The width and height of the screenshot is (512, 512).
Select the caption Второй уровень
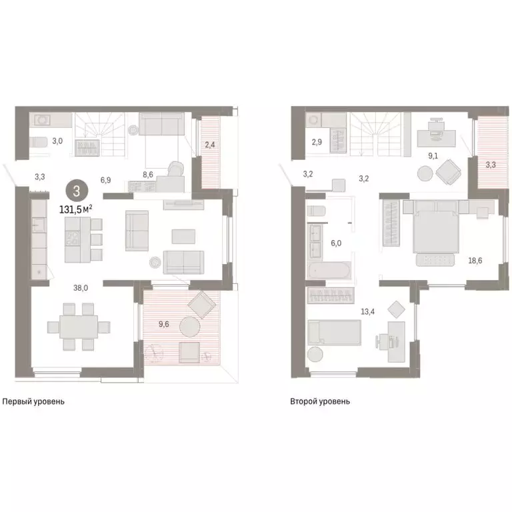(x=320, y=402)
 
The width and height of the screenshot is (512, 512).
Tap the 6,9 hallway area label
(x=106, y=180)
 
